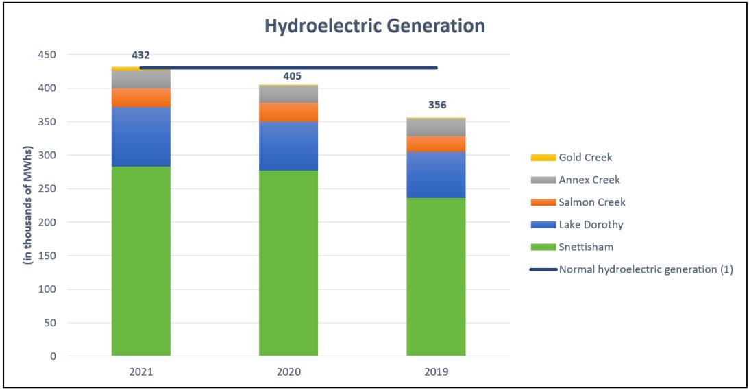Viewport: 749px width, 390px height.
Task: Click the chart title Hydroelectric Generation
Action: (374, 25)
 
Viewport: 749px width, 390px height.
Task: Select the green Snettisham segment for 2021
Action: (141, 261)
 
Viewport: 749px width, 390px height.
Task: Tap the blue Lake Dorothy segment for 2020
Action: (288, 146)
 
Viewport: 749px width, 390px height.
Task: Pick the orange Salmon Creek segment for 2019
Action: (436, 144)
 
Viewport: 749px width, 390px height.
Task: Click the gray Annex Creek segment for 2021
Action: (141, 80)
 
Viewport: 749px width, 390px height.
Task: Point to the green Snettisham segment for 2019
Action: (436, 277)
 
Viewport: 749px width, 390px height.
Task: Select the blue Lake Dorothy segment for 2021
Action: (141, 136)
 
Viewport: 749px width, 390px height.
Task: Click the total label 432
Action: (141, 56)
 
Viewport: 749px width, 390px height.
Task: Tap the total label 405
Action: (293, 76)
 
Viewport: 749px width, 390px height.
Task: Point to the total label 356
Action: (438, 105)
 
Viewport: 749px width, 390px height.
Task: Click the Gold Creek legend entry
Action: (572, 157)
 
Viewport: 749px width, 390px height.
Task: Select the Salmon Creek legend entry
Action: (578, 202)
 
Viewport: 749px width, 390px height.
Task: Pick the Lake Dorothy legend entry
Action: (577, 225)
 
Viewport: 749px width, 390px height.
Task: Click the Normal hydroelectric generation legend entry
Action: (632, 269)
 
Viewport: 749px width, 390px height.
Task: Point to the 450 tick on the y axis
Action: (47, 55)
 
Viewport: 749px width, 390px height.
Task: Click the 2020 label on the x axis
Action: (288, 372)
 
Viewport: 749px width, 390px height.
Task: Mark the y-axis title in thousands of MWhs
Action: (27, 205)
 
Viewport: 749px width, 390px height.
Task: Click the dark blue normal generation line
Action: (288, 68)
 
